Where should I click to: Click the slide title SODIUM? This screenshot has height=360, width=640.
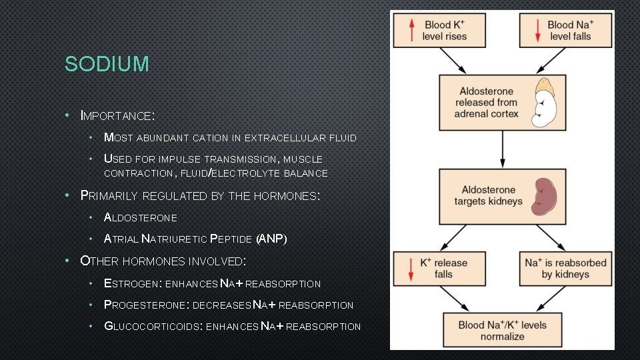tap(107, 65)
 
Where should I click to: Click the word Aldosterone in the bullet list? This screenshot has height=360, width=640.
tap(141, 217)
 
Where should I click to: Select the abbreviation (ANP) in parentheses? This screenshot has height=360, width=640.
tap(271, 239)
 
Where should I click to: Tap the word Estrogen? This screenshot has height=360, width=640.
tap(131, 283)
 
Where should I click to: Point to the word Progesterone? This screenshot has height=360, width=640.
tap(145, 305)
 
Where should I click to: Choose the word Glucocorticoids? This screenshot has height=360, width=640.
tap(153, 326)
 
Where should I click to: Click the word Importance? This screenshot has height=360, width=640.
tap(117, 115)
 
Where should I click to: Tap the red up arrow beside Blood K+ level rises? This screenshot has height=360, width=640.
tap(411, 30)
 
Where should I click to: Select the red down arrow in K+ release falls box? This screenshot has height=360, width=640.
tap(411, 268)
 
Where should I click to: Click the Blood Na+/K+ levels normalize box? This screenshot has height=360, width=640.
tap(501, 331)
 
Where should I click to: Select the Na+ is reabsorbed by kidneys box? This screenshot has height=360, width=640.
tap(565, 268)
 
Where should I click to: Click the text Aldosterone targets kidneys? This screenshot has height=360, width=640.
tap(488, 195)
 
